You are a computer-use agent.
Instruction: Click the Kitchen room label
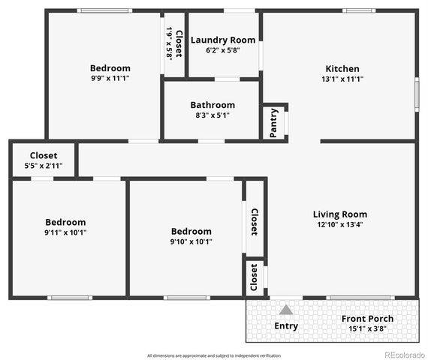click(x=342, y=69)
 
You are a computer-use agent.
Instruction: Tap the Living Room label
click(x=340, y=214)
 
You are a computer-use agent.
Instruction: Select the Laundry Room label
click(x=223, y=40)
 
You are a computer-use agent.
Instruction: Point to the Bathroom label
click(x=212, y=105)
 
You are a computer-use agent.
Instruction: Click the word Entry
click(x=286, y=326)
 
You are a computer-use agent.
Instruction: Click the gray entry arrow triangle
click(x=286, y=310)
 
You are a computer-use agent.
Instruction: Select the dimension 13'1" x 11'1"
click(x=342, y=79)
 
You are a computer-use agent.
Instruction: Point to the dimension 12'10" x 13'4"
click(x=340, y=225)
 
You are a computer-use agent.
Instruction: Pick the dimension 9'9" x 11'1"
click(x=110, y=78)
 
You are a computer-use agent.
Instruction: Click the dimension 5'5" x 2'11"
click(x=44, y=166)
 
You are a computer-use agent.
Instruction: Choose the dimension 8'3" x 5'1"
click(x=212, y=115)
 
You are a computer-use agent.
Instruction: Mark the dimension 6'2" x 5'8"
click(x=223, y=50)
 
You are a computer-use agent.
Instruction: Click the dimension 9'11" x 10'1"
click(x=66, y=232)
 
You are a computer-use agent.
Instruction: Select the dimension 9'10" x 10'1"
click(x=191, y=241)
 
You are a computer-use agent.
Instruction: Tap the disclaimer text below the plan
click(x=213, y=355)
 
